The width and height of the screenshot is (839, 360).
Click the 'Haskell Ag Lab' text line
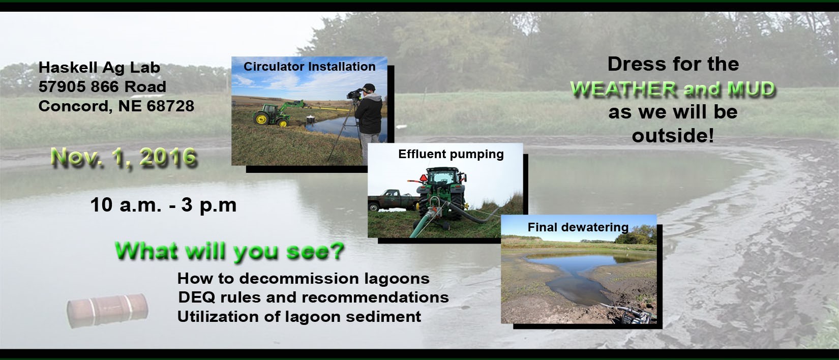pyautogui.click(x=99, y=68)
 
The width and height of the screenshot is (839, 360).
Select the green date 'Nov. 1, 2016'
pyautogui.click(x=124, y=157)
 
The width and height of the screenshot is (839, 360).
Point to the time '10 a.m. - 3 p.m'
pyautogui.click(x=163, y=205)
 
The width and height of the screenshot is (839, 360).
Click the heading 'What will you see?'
pyautogui.click(x=229, y=251)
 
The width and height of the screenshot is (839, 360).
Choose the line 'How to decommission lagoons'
pyautogui.click(x=304, y=278)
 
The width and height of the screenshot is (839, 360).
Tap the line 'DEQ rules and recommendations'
pyautogui.click(x=313, y=297)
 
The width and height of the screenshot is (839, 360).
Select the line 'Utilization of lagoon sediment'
pyautogui.click(x=299, y=317)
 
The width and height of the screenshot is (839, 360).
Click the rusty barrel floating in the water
pyautogui.click(x=107, y=311)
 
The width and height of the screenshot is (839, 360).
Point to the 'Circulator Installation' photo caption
pyautogui.click(x=309, y=67)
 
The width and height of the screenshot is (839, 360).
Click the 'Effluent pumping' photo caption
pyautogui.click(x=451, y=154)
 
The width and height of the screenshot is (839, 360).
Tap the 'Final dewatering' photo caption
pyautogui.click(x=578, y=227)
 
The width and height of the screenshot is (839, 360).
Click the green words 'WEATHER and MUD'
pyautogui.click(x=673, y=89)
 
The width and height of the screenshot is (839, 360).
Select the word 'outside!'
pyautogui.click(x=673, y=136)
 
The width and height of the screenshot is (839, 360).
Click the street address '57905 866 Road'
pyautogui.click(x=102, y=87)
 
